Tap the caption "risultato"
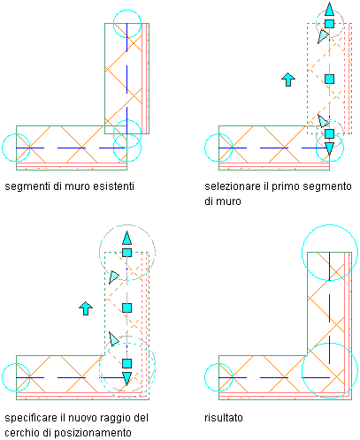click(224, 418)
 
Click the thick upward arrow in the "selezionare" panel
click(288, 80)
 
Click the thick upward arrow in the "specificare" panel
click(86, 308)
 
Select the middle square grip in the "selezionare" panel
click(329, 79)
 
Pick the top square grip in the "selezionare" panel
click(329, 24)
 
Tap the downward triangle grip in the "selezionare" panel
click(329, 148)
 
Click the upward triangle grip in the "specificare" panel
click(126, 238)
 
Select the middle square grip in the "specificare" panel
click(126, 308)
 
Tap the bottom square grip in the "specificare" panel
click(126, 363)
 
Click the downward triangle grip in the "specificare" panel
click(126, 378)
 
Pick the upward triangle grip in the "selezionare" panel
click(329, 9)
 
